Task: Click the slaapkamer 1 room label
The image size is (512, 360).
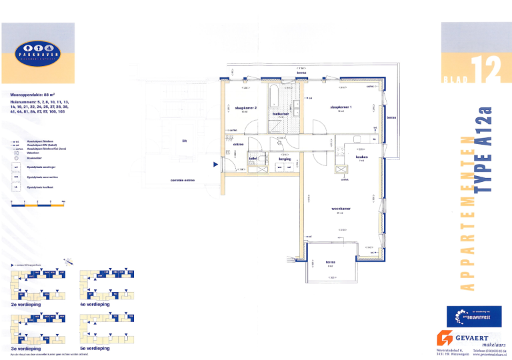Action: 340,107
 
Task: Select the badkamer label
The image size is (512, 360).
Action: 281,113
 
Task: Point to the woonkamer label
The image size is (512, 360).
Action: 341,208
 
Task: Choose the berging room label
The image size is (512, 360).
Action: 286,159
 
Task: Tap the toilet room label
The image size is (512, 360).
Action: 253,159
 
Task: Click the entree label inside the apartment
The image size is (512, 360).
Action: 238,144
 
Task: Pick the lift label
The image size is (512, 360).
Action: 184,141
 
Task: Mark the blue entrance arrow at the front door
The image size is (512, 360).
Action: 215,164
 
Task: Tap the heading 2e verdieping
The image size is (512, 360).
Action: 26,304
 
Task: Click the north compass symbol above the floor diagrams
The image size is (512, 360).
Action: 70,262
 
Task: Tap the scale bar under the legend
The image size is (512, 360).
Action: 38,205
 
